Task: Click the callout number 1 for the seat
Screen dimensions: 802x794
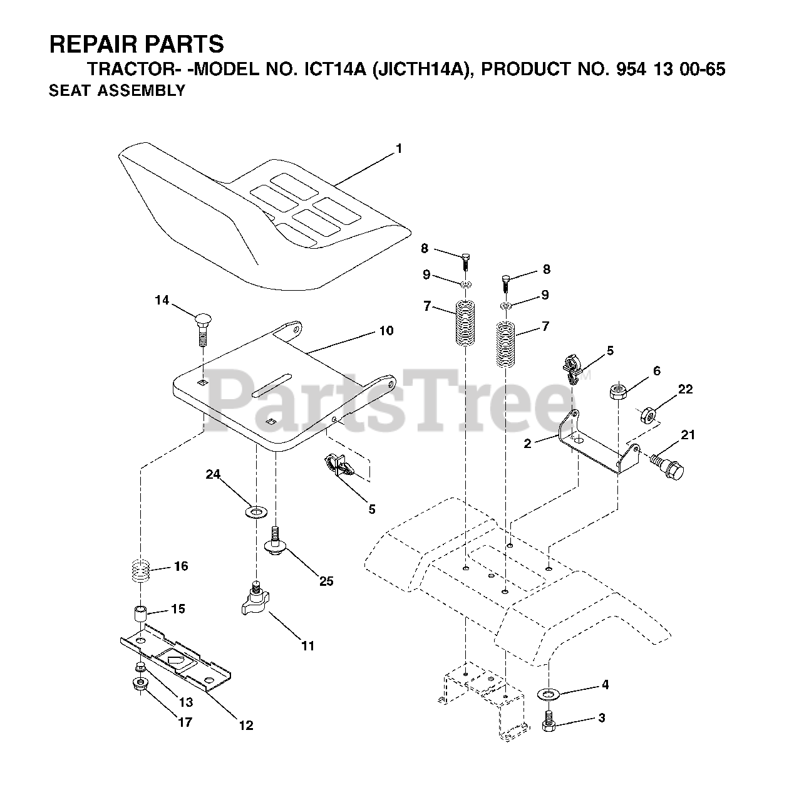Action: [398, 149]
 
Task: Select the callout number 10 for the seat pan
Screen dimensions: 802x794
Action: [386, 330]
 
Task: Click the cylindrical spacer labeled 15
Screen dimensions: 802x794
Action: [141, 612]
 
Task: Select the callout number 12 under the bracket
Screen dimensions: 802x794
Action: [245, 725]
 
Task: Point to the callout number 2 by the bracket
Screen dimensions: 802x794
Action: [527, 444]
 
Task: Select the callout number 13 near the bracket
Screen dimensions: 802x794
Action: [186, 702]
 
